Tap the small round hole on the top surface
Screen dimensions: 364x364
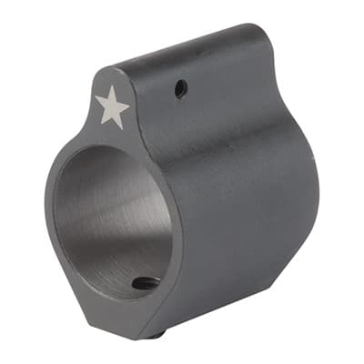180,88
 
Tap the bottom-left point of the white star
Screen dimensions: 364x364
99,125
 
